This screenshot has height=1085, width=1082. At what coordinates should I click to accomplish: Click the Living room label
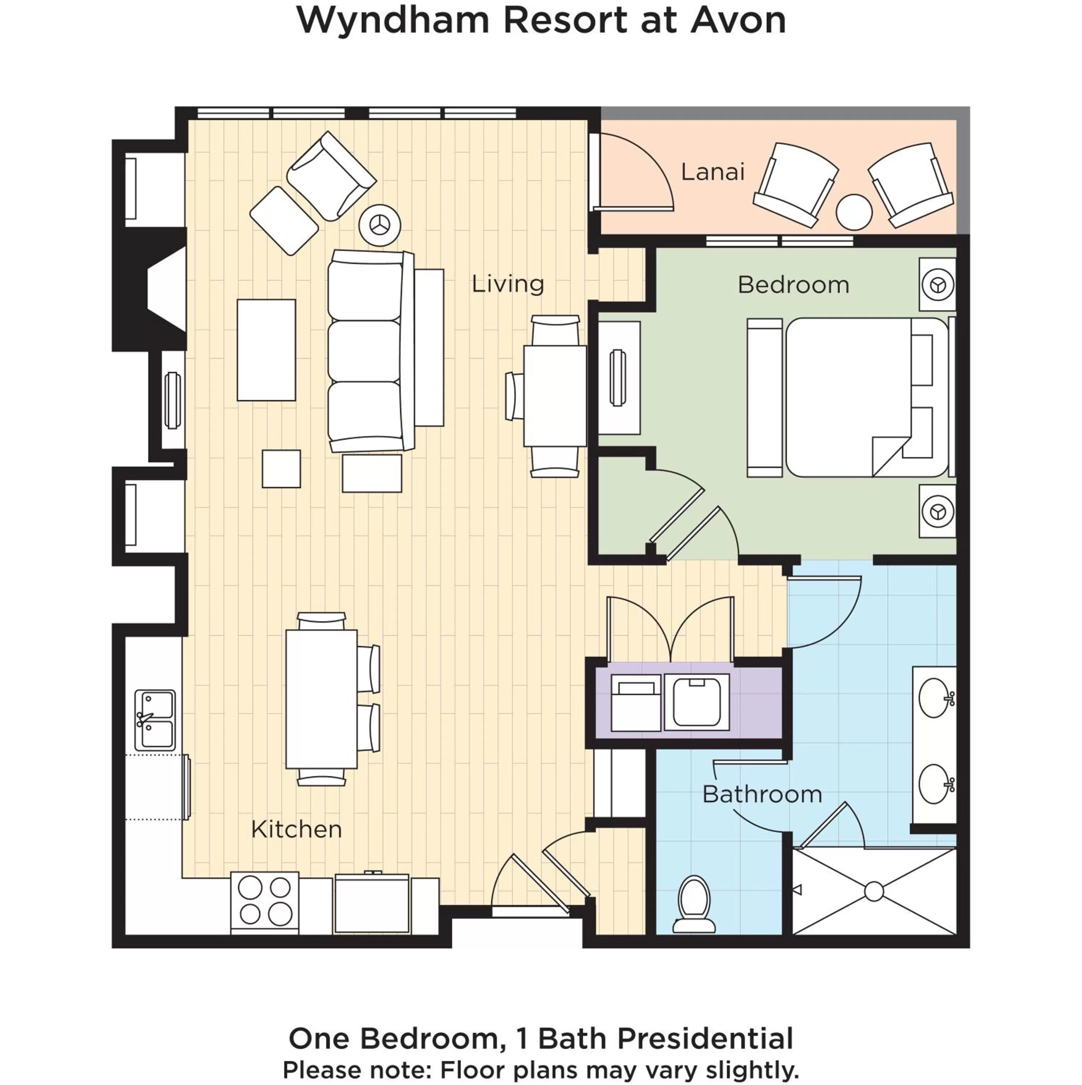(x=508, y=284)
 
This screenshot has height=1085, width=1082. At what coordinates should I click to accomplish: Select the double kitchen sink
(x=155, y=720)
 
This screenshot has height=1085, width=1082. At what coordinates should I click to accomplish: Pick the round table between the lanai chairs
(x=853, y=212)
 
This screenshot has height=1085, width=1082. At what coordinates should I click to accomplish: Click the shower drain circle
(x=874, y=891)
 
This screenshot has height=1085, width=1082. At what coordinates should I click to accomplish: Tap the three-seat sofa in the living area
(x=366, y=351)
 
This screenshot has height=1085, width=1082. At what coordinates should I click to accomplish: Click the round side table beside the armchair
(x=380, y=225)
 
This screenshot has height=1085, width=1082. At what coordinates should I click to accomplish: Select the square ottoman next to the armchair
(x=284, y=221)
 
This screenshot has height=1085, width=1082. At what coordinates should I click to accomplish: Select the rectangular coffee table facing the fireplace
(x=266, y=350)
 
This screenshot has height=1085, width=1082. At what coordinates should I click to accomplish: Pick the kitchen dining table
(x=321, y=699)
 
